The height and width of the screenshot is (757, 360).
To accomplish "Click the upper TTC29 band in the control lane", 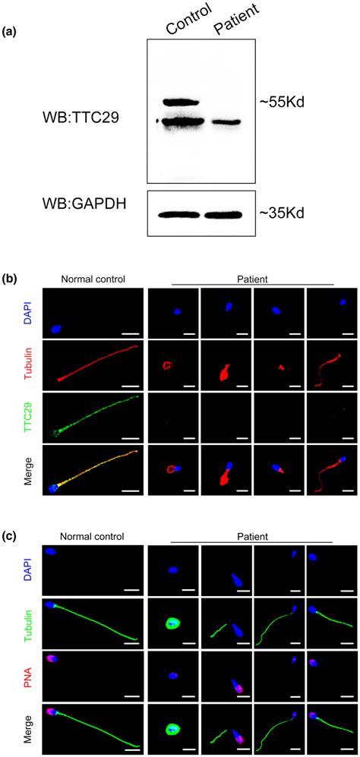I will [180, 102].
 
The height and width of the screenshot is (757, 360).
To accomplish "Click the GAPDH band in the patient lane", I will [226, 213].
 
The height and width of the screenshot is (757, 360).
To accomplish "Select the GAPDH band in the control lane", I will [180, 213].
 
